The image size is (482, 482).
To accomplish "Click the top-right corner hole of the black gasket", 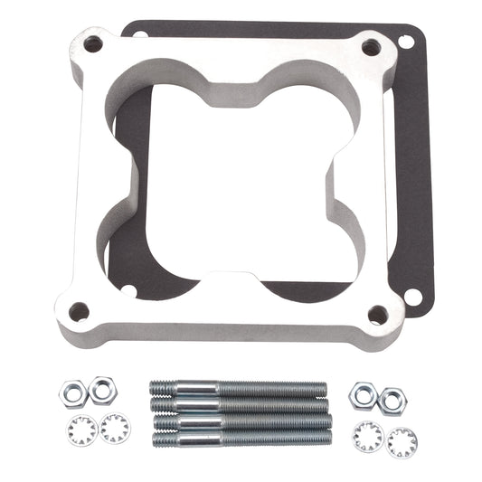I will click(x=406, y=42).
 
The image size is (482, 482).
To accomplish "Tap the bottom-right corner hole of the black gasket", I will click(x=412, y=296).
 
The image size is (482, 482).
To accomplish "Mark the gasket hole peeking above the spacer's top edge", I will click(x=140, y=34).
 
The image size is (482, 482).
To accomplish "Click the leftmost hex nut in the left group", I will click(x=71, y=392).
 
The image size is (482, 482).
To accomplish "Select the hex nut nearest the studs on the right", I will click(x=364, y=392).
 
